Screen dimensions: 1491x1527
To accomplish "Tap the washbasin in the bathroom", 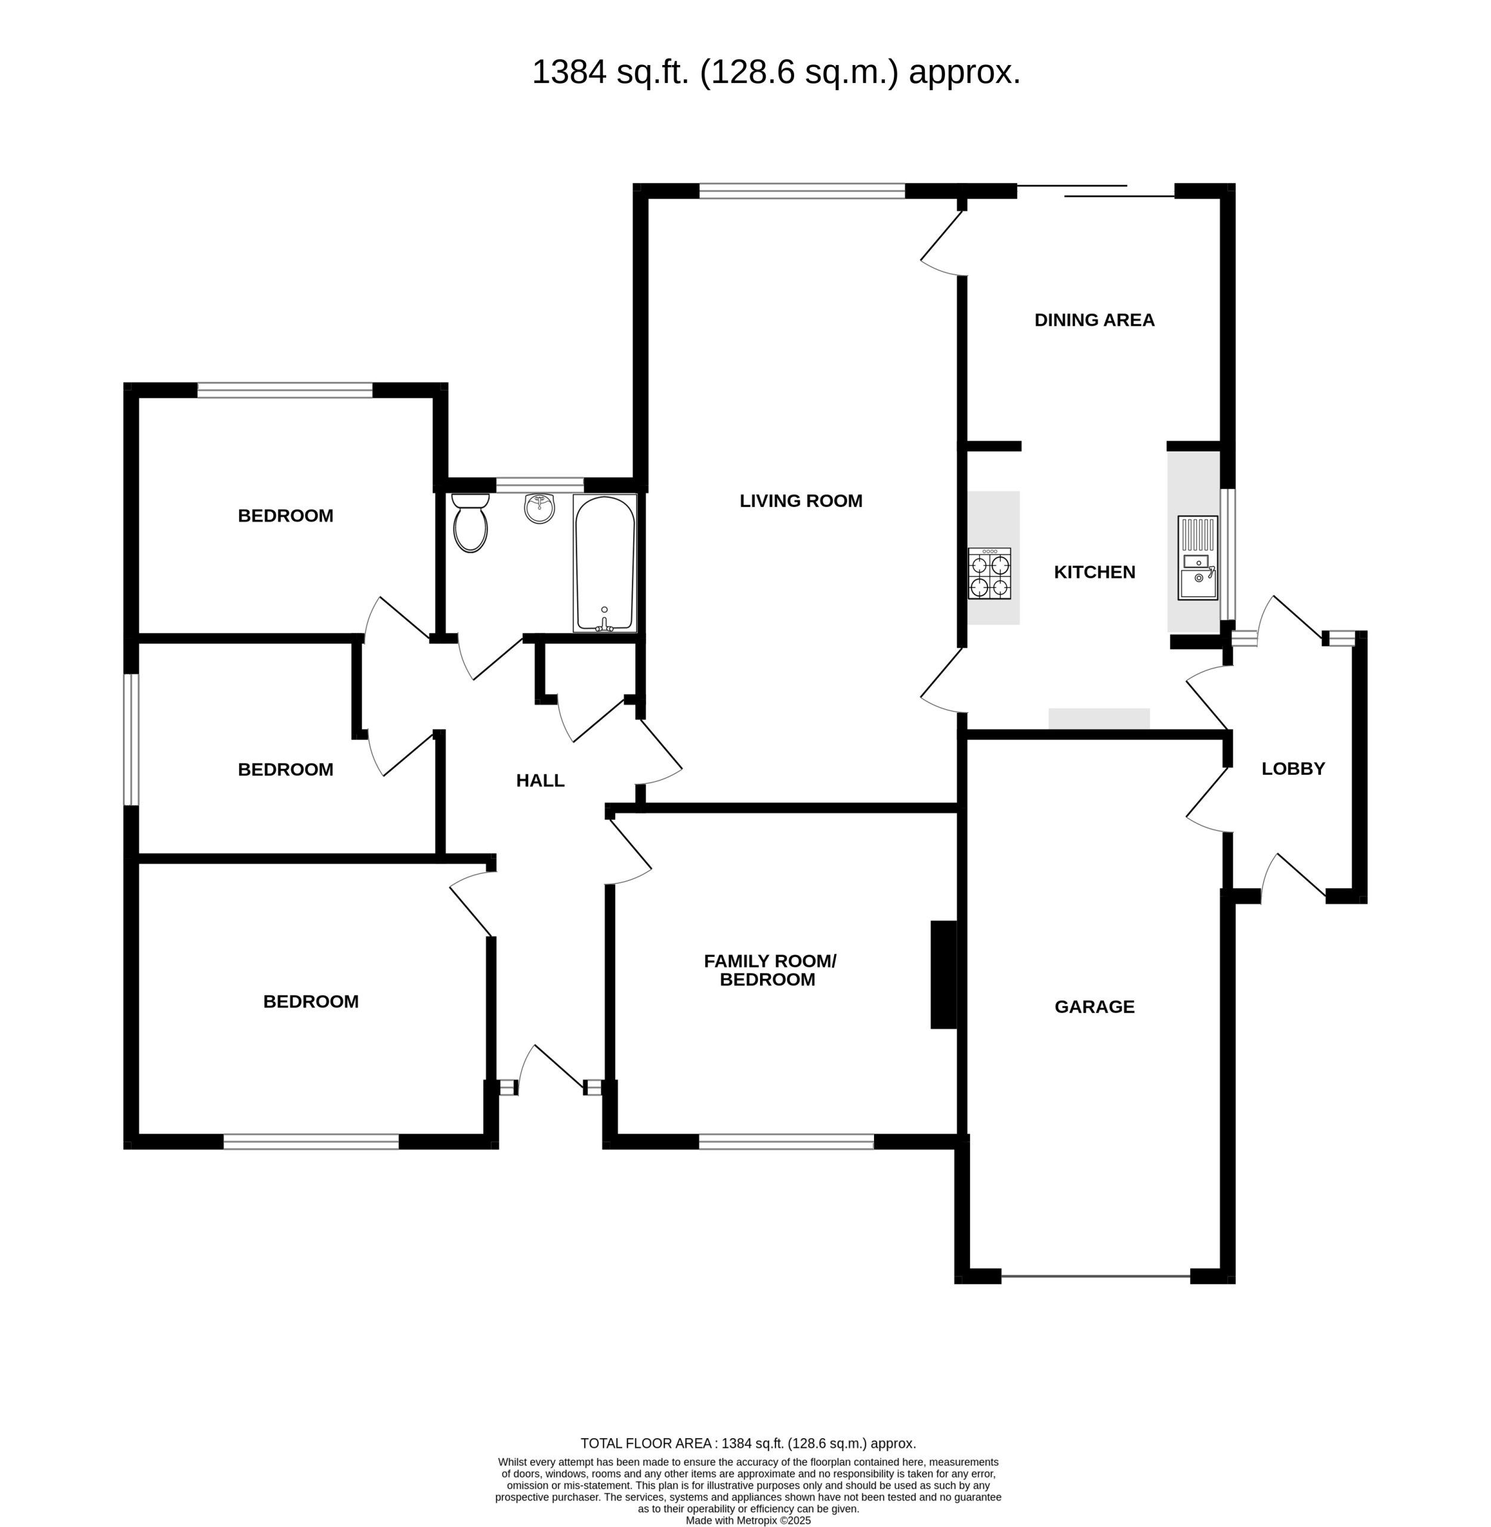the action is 539,508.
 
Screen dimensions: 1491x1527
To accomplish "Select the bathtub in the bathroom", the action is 604,563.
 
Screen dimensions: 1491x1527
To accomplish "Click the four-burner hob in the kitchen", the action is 990,574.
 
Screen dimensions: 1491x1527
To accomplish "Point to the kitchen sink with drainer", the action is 1198,558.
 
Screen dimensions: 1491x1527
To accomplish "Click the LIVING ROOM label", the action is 801,500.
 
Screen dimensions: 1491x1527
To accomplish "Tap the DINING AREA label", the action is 1094,320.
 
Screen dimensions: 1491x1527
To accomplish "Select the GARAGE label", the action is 1094,1007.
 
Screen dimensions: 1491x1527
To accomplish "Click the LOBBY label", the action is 1293,769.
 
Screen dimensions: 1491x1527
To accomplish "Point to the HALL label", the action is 541,781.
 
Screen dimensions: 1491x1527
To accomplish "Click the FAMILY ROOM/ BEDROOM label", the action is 770,970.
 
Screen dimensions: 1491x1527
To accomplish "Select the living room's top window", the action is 802,191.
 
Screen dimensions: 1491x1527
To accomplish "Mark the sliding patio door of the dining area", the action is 1095,190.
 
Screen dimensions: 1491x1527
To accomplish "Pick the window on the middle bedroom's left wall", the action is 131,739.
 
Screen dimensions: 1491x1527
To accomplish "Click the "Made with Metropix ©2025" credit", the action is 748,1520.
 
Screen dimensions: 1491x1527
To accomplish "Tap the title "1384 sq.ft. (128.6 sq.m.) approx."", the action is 776,72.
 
